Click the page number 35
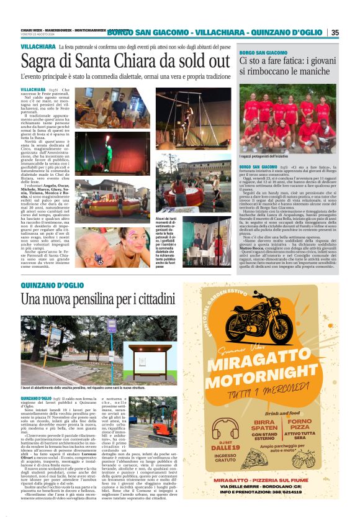(x=335, y=32)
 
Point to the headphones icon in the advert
(x=217, y=432)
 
